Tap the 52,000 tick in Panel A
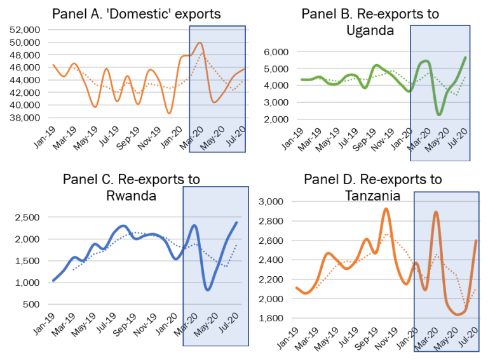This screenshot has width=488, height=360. pos(23,30)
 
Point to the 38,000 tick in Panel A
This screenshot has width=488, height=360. pos(23,117)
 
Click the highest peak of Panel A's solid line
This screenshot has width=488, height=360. pos(200,43)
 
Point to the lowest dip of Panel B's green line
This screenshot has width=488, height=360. pos(439,114)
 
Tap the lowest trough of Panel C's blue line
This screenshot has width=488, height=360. pos(208,290)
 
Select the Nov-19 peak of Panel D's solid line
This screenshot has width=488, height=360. pos(386,209)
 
